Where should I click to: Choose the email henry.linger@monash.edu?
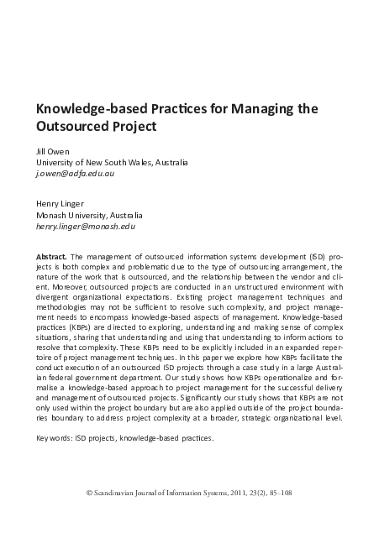point(85,227)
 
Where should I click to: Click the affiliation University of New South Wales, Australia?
point(112,162)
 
